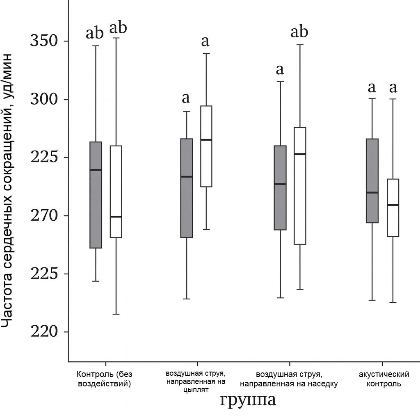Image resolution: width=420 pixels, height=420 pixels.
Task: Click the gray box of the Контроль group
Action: [96, 195]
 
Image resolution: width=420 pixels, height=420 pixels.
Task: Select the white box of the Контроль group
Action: [116, 191]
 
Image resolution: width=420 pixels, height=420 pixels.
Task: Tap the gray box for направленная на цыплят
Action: [187, 188]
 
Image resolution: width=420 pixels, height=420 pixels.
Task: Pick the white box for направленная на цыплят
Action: [206, 146]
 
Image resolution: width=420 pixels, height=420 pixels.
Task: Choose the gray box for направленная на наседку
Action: [281, 187]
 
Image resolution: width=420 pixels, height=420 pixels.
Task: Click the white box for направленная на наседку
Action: [300, 186]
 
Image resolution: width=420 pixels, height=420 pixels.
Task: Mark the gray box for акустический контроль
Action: [372, 180]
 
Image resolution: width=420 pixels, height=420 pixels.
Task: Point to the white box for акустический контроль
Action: [393, 208]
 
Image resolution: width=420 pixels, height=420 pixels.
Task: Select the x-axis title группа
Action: [248, 400]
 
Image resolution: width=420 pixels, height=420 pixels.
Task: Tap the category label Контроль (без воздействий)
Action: [105, 379]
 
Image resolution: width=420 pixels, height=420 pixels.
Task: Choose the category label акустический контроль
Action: [384, 379]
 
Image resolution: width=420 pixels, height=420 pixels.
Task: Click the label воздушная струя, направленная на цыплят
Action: [196, 381]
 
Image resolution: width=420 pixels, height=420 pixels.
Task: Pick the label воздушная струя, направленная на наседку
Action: [289, 379]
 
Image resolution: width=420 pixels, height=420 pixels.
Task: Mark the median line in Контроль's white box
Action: [116, 217]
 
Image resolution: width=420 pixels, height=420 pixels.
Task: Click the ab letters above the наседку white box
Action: [299, 32]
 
